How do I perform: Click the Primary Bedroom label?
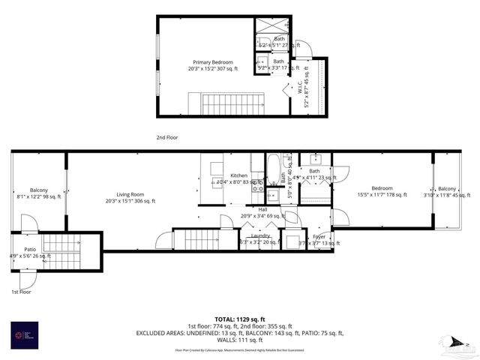pyautogui.click(x=212, y=62)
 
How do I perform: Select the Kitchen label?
pyautogui.click(x=238, y=175)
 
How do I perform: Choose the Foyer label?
pyautogui.click(x=319, y=236)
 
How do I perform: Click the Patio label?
pyautogui.click(x=30, y=249)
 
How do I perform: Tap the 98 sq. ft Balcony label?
pyautogui.click(x=38, y=190)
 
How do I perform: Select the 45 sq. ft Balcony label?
pyautogui.click(x=446, y=188)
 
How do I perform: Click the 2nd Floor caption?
pyautogui.click(x=166, y=138)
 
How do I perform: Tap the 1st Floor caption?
pyautogui.click(x=20, y=291)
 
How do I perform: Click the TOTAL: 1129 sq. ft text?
pyautogui.click(x=240, y=319)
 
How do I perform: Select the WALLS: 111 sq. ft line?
pyautogui.click(x=240, y=339)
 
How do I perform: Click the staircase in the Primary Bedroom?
pyautogui.click(x=226, y=103)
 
